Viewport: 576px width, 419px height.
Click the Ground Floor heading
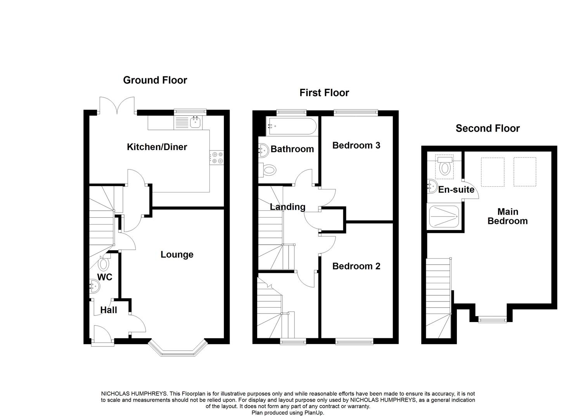point(155,80)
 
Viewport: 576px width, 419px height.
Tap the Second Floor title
point(488,128)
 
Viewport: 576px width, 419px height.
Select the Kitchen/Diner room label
point(157,147)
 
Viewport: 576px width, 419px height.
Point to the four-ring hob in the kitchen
point(217,158)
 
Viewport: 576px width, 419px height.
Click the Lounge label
point(177,255)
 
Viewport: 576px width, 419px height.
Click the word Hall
point(109,310)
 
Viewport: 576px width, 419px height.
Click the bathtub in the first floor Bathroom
point(291,126)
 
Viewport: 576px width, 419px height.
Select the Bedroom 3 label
point(356,145)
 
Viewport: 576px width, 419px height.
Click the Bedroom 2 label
point(356,266)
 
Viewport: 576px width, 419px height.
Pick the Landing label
point(287,207)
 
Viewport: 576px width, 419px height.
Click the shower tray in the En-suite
point(444,216)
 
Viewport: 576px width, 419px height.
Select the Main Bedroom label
point(508,216)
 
